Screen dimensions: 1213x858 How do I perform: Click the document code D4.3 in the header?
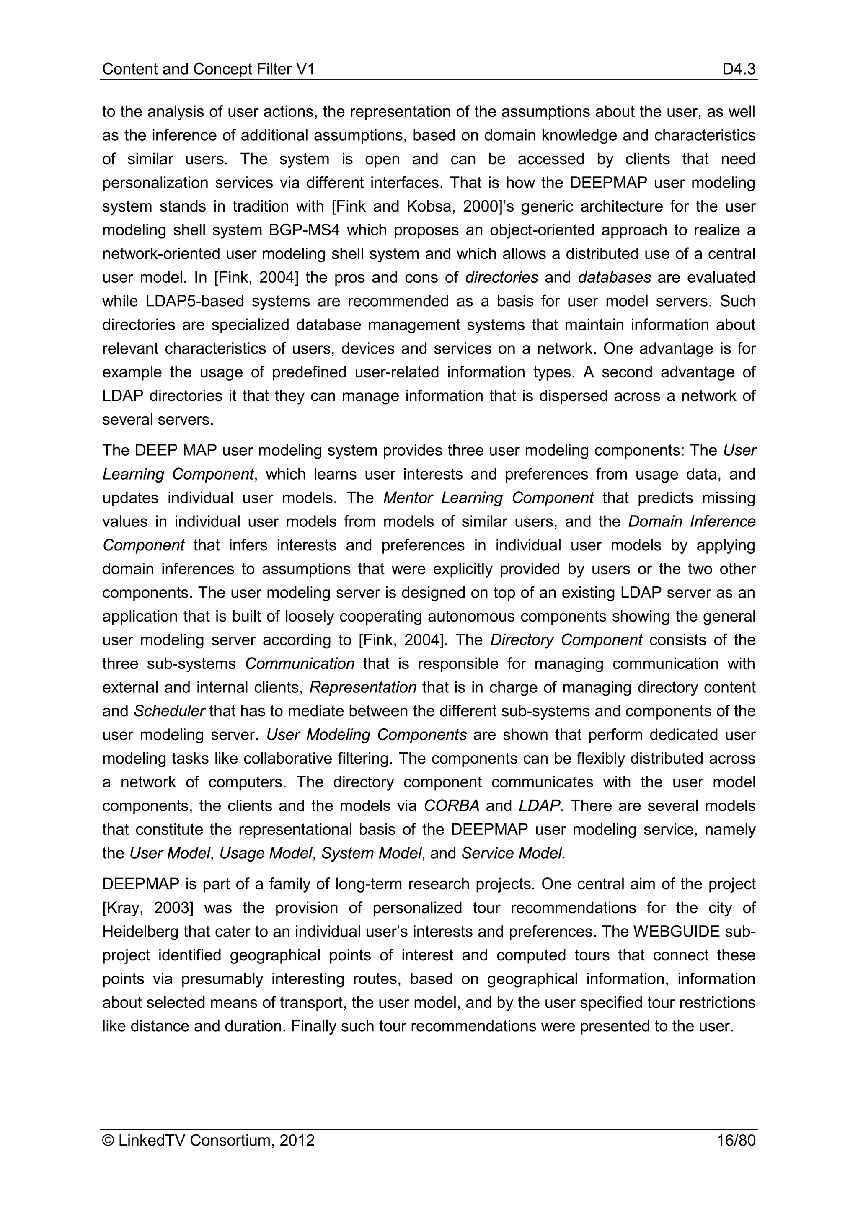pyautogui.click(x=739, y=69)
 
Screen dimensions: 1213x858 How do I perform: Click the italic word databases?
pyautogui.click(x=615, y=277)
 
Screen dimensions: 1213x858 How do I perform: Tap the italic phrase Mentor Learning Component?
pyautogui.click(x=488, y=498)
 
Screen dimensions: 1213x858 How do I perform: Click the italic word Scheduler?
pyautogui.click(x=169, y=711)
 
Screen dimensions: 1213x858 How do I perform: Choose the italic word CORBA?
pyautogui.click(x=452, y=806)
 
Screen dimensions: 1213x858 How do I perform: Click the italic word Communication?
pyautogui.click(x=300, y=663)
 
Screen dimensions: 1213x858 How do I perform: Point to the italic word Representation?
pyautogui.click(x=363, y=687)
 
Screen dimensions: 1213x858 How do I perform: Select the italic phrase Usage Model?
pyautogui.click(x=266, y=853)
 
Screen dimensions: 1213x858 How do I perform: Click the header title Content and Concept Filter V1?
pyautogui.click(x=208, y=69)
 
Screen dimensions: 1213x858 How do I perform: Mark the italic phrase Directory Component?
pyautogui.click(x=566, y=640)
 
